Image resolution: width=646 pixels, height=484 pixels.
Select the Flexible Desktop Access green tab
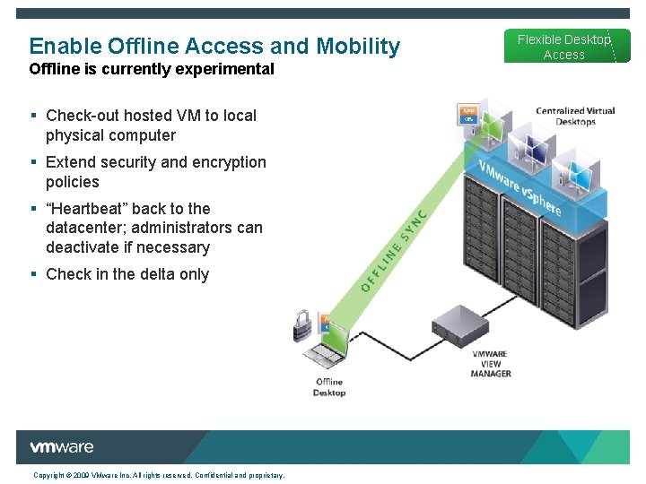563,47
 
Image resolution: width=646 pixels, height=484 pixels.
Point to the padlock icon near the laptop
303,325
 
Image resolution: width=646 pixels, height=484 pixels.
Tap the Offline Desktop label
329,387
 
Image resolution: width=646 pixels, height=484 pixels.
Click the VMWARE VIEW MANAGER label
491,364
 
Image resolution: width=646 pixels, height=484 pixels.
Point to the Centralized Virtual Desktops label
575,117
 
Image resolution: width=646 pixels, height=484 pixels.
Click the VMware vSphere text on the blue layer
519,188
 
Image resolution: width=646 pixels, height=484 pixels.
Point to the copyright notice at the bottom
159,475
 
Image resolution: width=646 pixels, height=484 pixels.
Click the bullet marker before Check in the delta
33,274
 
